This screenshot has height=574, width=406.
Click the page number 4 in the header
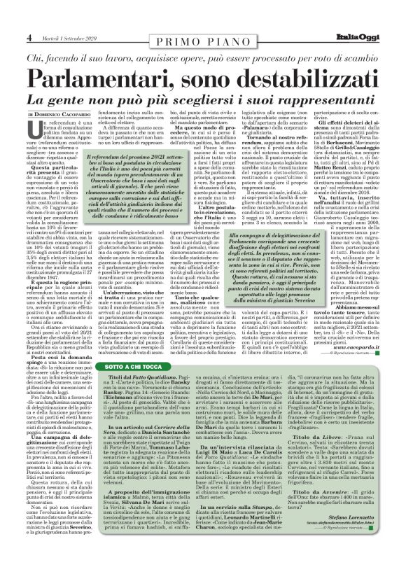[29, 36]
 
